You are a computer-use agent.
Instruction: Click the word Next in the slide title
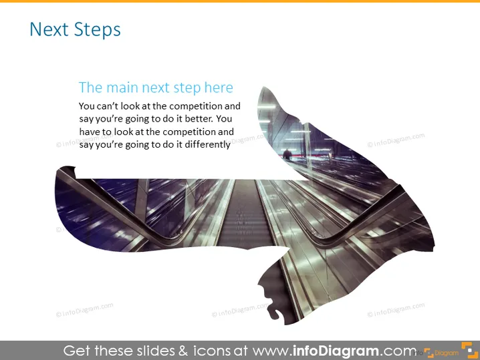[x=49, y=29]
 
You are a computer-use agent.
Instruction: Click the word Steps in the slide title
[x=98, y=30]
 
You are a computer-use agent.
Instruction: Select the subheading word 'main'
[x=122, y=87]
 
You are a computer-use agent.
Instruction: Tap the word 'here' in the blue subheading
[x=219, y=87]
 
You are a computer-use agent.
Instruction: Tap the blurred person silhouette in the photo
[x=287, y=154]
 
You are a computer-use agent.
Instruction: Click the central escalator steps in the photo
[x=244, y=214]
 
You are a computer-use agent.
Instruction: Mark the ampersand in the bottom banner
[x=183, y=351]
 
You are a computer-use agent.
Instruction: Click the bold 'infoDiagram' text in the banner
[x=335, y=351]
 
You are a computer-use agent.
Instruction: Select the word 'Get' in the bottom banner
[x=76, y=351]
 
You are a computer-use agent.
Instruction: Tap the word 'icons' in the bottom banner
[x=211, y=351]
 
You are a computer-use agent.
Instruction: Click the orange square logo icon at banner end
[x=469, y=350]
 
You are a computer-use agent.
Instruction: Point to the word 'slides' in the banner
[x=154, y=351]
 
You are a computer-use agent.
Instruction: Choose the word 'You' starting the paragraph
[x=86, y=106]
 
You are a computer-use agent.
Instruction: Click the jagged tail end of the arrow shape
[x=66, y=171]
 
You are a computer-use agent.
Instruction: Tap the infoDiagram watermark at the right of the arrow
[x=396, y=140]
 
